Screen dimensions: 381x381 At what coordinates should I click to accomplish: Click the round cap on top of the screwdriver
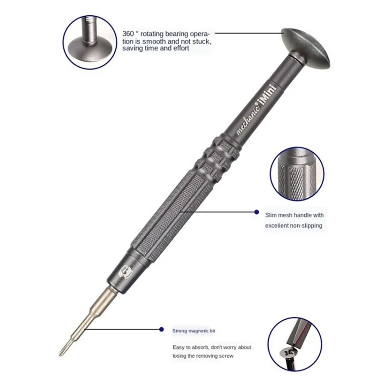[x=305, y=46]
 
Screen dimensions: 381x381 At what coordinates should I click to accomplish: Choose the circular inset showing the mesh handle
[x=297, y=173]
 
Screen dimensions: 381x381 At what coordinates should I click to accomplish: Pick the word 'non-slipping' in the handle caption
[x=305, y=226]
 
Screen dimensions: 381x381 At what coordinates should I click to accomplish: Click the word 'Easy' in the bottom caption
[x=180, y=347]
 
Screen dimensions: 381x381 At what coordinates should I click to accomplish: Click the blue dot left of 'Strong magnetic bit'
[x=162, y=329]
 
